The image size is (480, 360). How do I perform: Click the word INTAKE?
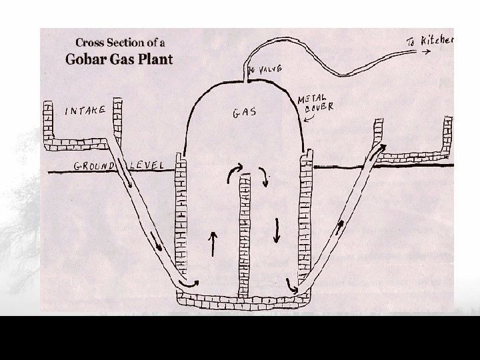tap(85, 111)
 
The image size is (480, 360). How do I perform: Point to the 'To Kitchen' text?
tap(429, 42)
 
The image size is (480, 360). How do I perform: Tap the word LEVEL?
tap(149, 165)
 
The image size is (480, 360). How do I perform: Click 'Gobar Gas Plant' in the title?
tap(119, 59)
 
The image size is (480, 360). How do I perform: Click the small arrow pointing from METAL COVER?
tap(309, 119)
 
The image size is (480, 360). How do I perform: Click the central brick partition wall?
tap(245, 227)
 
